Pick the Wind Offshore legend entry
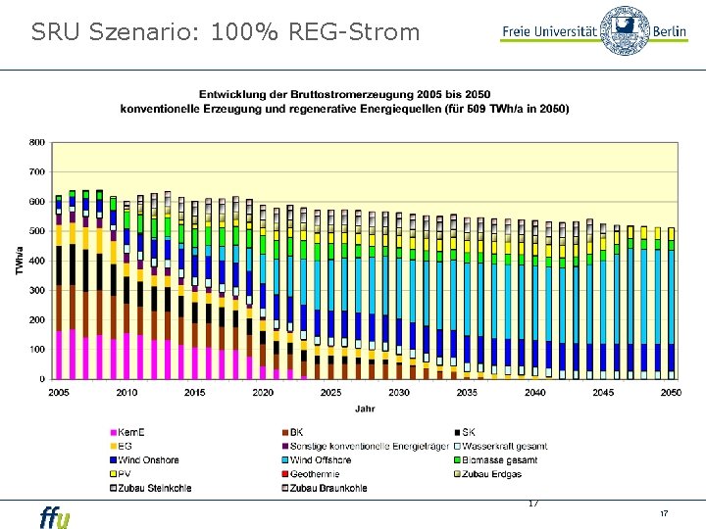[x=321, y=459]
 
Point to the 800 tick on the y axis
[x=35, y=142]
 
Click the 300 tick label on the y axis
[x=35, y=290]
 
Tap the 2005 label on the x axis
[x=59, y=393]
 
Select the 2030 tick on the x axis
[x=398, y=393]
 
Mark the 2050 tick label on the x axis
[x=671, y=393]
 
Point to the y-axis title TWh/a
[x=19, y=260]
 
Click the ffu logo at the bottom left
[x=55, y=516]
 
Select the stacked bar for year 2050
[x=671, y=303]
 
